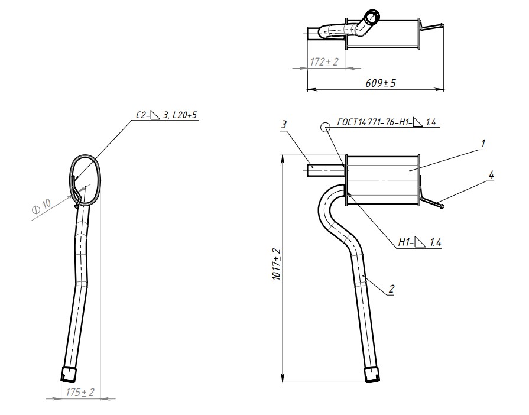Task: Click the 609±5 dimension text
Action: pos(380,83)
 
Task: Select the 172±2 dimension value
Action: pos(324,62)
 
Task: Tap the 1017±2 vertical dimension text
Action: pos(276,264)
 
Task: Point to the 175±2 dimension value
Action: pos(80,392)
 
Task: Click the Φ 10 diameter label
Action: pos(41,206)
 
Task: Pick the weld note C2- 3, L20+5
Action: pos(166,115)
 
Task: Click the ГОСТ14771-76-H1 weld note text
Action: pos(387,122)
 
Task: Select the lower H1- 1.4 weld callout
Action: pos(420,242)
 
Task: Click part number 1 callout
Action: pos(483,143)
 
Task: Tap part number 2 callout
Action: pos(391,289)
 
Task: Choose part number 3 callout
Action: pos(284,125)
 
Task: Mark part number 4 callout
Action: pos(491,175)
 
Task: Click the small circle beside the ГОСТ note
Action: pos(326,127)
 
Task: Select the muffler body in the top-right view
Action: pos(383,33)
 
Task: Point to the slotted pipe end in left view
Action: pos(69,375)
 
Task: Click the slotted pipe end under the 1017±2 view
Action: pos(372,374)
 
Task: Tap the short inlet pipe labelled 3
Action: pos(326,170)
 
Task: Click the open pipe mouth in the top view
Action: pos(374,15)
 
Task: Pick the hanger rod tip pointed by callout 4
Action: pos(442,206)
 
